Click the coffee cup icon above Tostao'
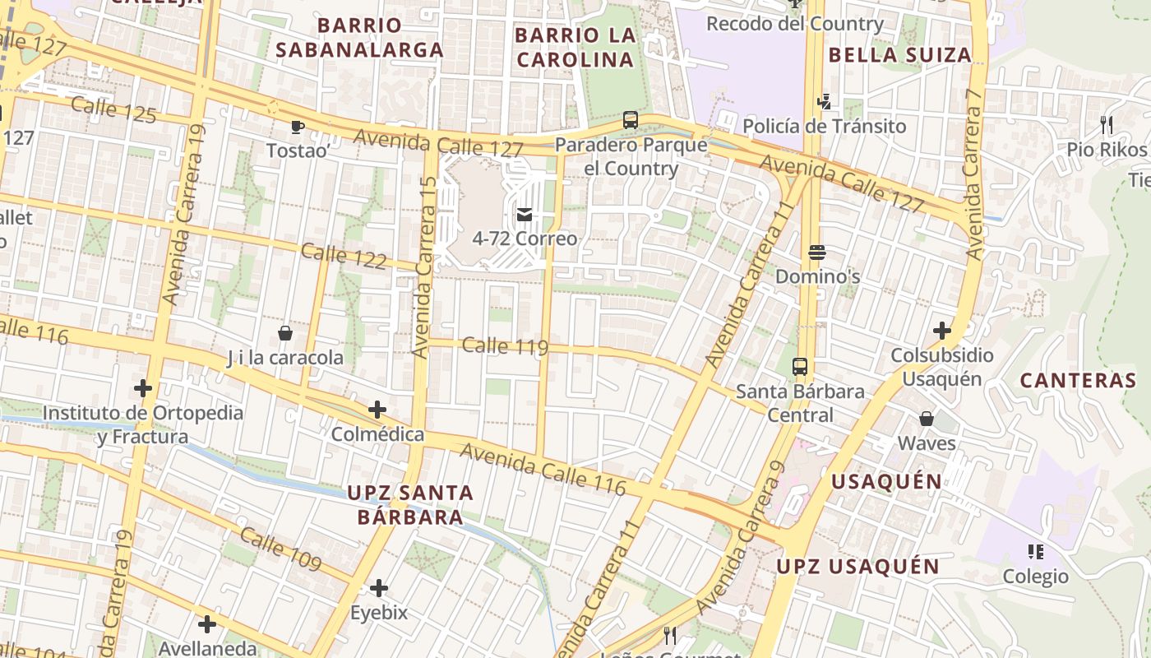pyautogui.click(x=297, y=127)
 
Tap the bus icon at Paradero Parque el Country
pyautogui.click(x=631, y=120)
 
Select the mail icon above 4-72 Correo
pyautogui.click(x=525, y=215)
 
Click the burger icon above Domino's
pyautogui.click(x=816, y=252)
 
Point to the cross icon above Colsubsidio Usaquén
pyautogui.click(x=942, y=331)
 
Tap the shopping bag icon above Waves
pyautogui.click(x=927, y=419)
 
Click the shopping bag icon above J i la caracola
pyautogui.click(x=285, y=333)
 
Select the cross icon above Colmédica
pyautogui.click(x=377, y=409)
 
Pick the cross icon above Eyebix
pyautogui.click(x=379, y=588)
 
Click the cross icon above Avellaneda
pyautogui.click(x=207, y=624)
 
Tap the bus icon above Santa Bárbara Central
pyautogui.click(x=800, y=367)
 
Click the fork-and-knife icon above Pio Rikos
pyautogui.click(x=1107, y=125)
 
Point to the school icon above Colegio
pyautogui.click(x=1035, y=551)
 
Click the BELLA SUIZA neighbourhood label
pyautogui.click(x=899, y=55)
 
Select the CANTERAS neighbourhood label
pyautogui.click(x=1078, y=380)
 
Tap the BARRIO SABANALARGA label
pyautogui.click(x=359, y=38)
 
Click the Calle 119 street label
pyautogui.click(x=505, y=345)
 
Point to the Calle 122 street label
pyautogui.click(x=344, y=256)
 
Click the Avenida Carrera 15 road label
pyautogui.click(x=424, y=267)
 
